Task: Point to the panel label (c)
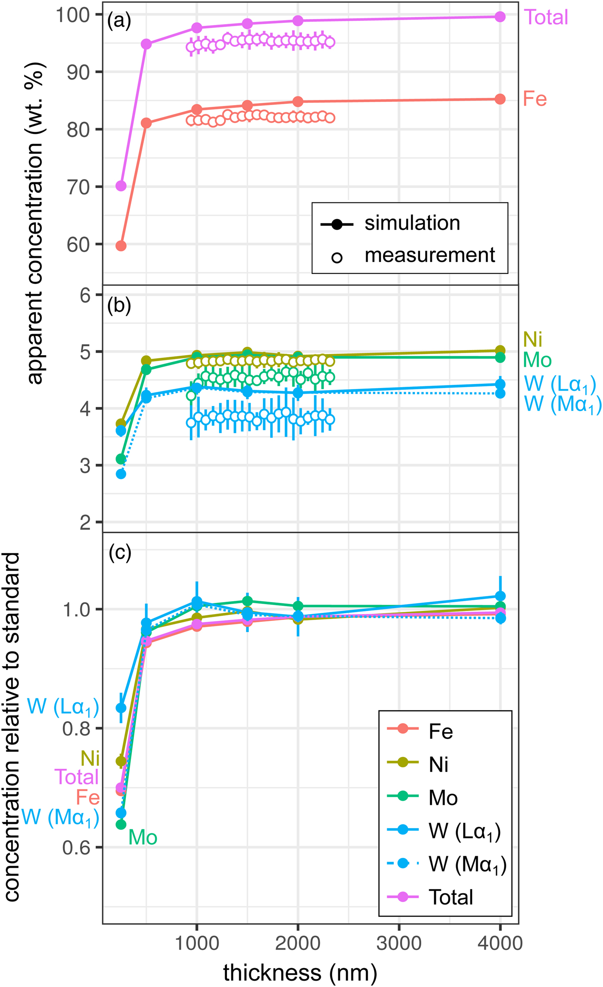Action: point(120,552)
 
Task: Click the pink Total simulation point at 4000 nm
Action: point(500,17)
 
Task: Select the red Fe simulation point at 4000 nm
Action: point(500,99)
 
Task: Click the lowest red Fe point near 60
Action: point(121,246)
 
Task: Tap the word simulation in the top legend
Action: point(412,223)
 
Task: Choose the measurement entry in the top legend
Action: point(429,255)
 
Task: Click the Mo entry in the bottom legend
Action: point(443,798)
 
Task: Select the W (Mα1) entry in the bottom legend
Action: point(467,864)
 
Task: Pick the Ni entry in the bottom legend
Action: point(438,765)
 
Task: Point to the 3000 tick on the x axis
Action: point(399,943)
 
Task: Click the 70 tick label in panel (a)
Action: point(78,187)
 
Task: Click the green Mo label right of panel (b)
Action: point(537,360)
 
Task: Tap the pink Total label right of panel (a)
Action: point(546,18)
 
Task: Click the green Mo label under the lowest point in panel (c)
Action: point(143,838)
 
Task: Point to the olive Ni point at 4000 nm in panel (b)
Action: point(500,351)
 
